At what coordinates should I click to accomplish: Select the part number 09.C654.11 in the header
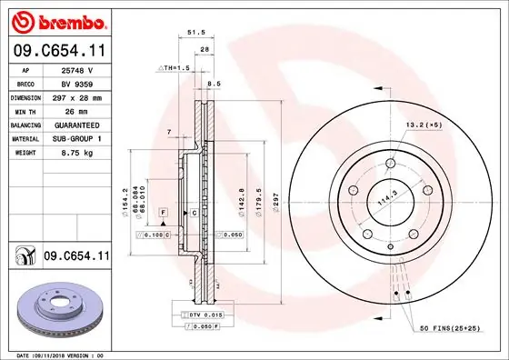(x=59, y=52)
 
